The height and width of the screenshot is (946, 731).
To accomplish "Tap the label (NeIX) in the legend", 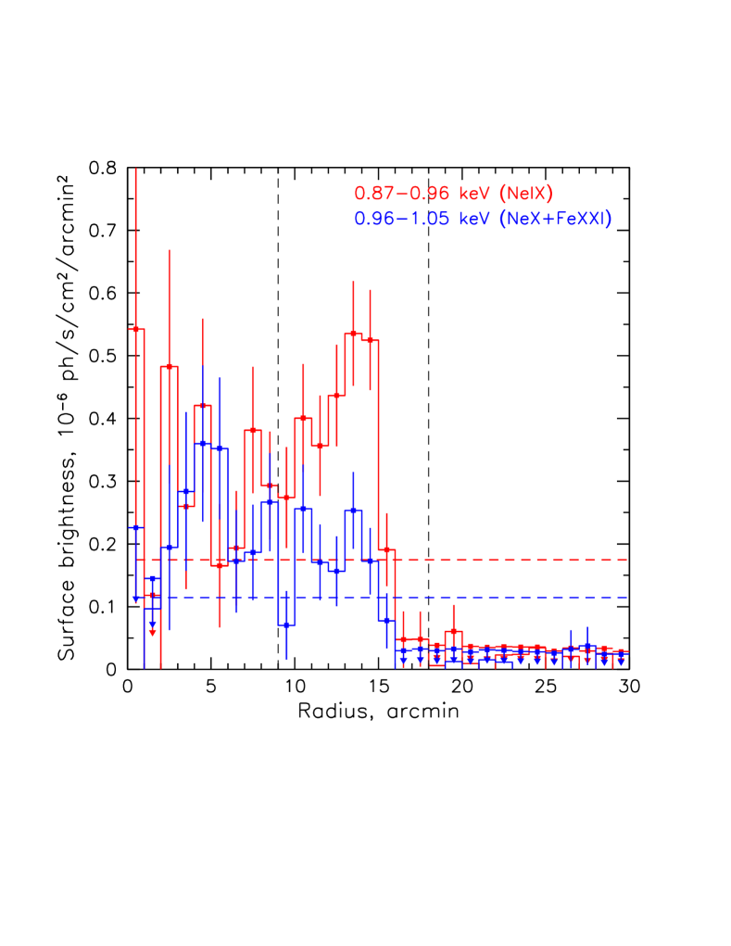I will tap(525, 194).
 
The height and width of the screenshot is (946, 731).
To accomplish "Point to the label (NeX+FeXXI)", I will tap(555, 220).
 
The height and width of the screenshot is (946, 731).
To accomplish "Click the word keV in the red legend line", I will tap(474, 194).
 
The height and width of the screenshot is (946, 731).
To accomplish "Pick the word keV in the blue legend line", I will tap(474, 220).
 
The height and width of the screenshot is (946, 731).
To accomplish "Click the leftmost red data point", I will tap(136, 329).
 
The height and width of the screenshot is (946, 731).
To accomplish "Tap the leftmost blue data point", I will tap(136, 527).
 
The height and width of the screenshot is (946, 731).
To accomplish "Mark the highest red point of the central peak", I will tap(353, 334).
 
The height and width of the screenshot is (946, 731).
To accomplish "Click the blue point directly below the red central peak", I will tap(353, 510).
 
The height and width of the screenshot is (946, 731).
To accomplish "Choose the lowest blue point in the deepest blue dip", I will tap(287, 624).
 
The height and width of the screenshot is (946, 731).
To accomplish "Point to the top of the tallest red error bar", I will tap(136, 169).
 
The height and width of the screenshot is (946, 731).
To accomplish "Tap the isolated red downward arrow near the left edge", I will tap(153, 631).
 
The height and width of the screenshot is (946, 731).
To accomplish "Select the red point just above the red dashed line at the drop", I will tap(386, 550).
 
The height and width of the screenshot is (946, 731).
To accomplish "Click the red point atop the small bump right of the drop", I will tap(453, 632).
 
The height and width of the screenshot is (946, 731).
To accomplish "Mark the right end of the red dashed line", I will tap(628, 561).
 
